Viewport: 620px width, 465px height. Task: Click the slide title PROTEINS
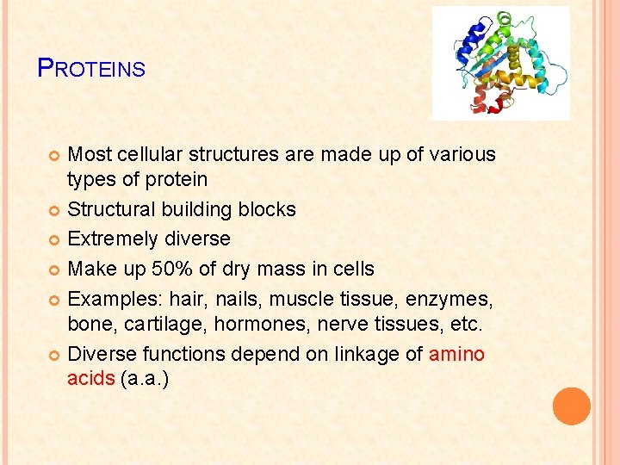point(92,68)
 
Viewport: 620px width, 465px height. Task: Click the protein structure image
point(500,63)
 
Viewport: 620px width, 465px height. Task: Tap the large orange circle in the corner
point(572,406)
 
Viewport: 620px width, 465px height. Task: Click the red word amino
point(456,354)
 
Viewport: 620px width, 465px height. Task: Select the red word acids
point(90,379)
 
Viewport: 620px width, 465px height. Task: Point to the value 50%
point(175,269)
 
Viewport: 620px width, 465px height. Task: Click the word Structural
point(109,209)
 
